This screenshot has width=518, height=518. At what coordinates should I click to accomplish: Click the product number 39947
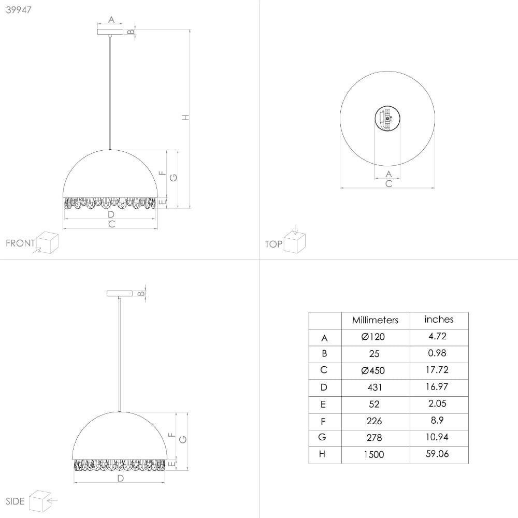19,10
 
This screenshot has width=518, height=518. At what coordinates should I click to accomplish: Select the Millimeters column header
375,320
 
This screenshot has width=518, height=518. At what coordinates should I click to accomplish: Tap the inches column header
439,320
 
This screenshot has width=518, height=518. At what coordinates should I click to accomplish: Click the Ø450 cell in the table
373,370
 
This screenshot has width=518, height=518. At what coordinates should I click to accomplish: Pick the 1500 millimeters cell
374,455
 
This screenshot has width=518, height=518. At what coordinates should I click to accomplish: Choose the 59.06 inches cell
437,454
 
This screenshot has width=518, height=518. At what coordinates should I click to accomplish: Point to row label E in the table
323,405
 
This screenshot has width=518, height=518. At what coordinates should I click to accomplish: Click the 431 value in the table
375,387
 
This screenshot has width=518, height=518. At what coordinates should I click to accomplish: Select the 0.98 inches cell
437,353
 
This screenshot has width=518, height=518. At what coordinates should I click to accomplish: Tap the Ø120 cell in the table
373,337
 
